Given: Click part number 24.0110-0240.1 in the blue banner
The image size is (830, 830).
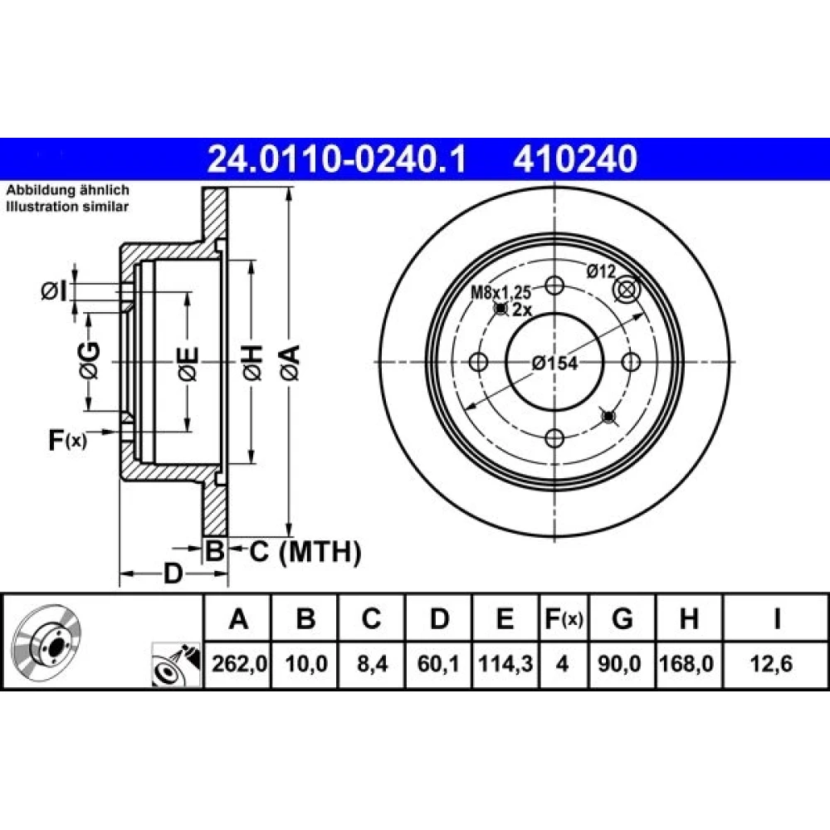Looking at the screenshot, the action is tap(337, 159).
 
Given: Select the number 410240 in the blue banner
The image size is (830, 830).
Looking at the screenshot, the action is tap(575, 159).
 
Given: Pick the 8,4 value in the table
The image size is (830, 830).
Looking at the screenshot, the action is tap(372, 664).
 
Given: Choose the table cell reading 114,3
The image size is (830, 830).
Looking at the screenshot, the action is tap(505, 664).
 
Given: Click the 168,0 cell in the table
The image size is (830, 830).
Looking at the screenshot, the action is tap(686, 664).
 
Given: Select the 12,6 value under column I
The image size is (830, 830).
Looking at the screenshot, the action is tap(772, 664).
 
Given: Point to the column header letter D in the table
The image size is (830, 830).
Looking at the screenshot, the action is tap(439, 618).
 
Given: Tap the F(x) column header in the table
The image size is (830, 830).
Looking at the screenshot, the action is tap(564, 618).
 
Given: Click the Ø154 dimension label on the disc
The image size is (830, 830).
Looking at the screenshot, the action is tap(554, 364).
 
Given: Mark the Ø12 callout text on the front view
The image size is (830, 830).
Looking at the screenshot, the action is tap(601, 271).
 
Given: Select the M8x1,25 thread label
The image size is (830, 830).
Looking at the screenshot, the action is tap(500, 291).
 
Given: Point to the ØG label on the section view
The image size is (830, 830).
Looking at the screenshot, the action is tap(89, 360).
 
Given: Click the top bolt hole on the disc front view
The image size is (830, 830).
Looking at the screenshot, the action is tap(554, 286).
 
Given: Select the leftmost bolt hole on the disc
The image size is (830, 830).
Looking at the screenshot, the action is tap(479, 362).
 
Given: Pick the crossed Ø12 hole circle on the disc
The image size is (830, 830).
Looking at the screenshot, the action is tap(626, 290).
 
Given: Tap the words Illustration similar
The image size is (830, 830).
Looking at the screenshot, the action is tap(67, 207).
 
